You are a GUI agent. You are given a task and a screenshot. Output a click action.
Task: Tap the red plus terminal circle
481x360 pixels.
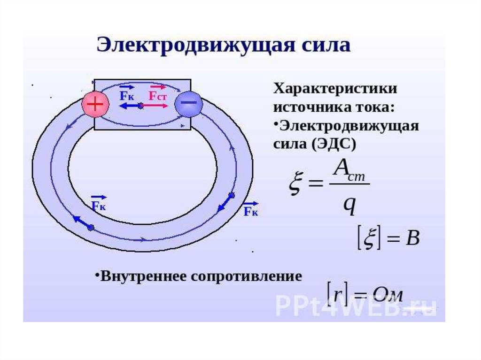[96, 104]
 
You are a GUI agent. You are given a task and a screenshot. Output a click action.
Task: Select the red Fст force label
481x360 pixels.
[158, 96]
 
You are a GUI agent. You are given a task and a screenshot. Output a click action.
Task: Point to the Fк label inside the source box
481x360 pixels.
[127, 96]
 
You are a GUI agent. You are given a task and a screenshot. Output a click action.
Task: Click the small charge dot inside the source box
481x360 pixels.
[140, 106]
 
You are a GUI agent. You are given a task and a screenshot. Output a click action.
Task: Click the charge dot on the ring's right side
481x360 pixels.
[231, 195]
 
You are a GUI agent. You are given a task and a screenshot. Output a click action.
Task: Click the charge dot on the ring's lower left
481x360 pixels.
[91, 228]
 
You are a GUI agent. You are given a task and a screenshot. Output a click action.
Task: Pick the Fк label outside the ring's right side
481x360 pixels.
[251, 211]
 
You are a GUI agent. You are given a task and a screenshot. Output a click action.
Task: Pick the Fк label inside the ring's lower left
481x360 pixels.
[99, 205]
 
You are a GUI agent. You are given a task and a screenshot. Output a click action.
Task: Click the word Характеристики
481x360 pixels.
[335, 89]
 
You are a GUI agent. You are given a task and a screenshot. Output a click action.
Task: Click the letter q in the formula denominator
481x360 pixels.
[349, 206]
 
